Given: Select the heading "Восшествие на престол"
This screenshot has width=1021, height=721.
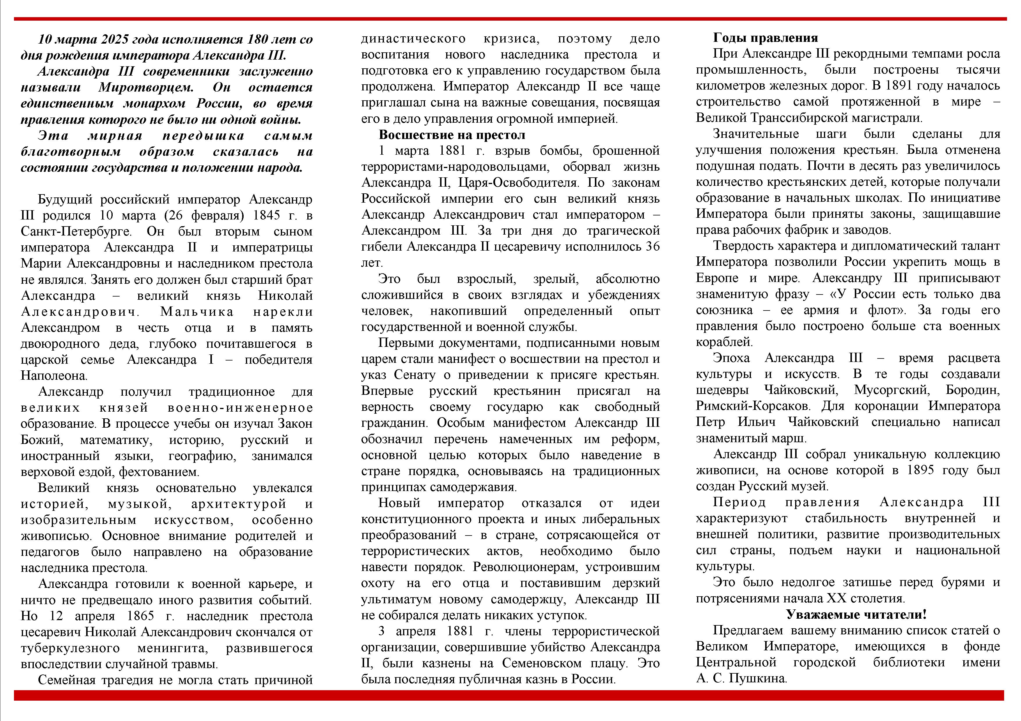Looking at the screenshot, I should click(x=452, y=135).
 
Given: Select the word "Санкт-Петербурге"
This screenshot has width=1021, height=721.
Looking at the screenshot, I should click(x=76, y=231).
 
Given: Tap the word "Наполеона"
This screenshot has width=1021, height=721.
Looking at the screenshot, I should click(x=54, y=375).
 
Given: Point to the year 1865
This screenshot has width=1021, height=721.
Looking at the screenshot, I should click(x=141, y=616).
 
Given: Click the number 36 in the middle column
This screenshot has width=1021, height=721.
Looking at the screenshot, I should click(x=652, y=247).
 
